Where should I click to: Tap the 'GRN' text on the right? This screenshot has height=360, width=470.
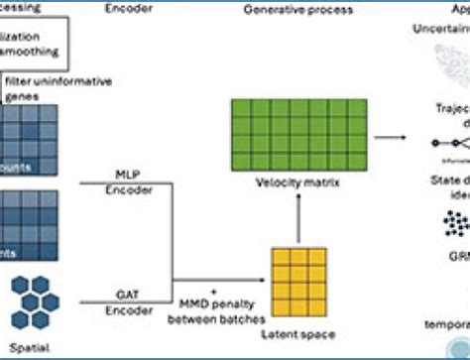[x=456, y=255]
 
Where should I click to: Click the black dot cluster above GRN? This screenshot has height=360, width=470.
[x=455, y=225]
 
